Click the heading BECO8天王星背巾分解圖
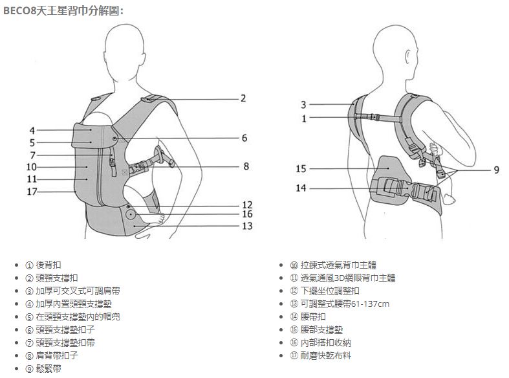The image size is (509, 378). click(63, 11)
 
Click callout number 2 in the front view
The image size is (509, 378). click(243, 98)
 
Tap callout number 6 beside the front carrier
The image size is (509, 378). click(244, 138)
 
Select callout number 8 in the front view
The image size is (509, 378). click(246, 166)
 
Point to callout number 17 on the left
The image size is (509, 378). click(32, 192)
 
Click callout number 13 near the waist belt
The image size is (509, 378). click(246, 226)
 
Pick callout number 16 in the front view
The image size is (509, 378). click(246, 214)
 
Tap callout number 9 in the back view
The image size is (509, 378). click(496, 170)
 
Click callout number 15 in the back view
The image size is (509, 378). click(301, 169)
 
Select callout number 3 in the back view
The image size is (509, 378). click(303, 104)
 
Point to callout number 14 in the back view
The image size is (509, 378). click(301, 188)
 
